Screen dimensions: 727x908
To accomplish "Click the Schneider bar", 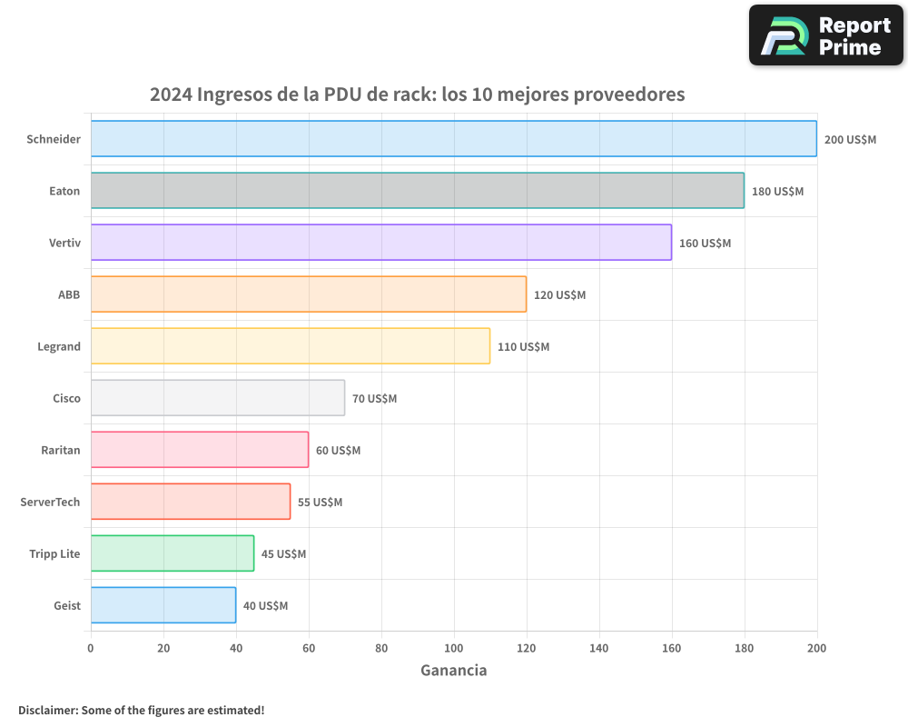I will click(x=453, y=139).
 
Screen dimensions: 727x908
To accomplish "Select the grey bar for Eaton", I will click(x=417, y=191).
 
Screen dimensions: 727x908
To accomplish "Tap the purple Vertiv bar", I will click(x=380, y=243).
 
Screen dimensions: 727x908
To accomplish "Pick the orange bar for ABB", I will click(x=308, y=294).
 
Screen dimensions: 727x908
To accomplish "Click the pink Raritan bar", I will click(x=199, y=450).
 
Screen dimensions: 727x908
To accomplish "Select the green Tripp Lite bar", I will click(x=172, y=553).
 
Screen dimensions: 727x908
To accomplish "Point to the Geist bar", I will click(x=163, y=605).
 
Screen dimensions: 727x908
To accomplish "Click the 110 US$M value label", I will click(x=523, y=347).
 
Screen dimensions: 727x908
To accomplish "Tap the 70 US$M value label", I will click(x=374, y=399).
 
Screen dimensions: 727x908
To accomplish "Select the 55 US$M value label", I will click(x=320, y=503).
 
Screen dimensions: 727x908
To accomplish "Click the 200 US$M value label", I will click(x=850, y=140).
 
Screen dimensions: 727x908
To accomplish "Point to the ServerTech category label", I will click(x=50, y=503).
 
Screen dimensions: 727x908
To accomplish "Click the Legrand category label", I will click(x=59, y=347).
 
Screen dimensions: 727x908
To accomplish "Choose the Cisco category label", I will click(x=66, y=399).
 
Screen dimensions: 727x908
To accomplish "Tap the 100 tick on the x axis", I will click(x=454, y=648).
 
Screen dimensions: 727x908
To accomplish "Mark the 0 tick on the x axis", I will click(x=91, y=648).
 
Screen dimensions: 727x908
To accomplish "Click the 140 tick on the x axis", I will click(x=599, y=648).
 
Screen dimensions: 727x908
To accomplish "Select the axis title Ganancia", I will click(x=453, y=671).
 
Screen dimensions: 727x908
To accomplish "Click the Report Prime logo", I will click(x=825, y=35).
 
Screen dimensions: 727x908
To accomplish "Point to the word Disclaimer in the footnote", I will click(x=46, y=711).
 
